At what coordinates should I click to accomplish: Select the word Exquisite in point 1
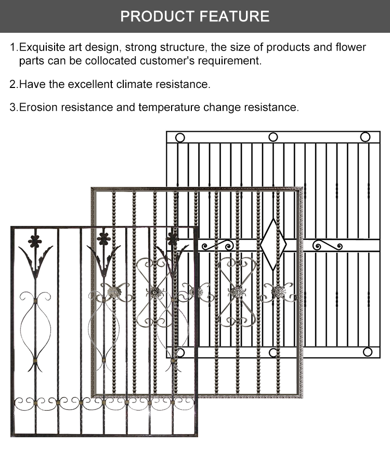pos(43,48)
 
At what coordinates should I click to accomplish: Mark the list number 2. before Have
pos(14,84)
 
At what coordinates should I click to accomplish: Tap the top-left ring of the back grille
pos(180,138)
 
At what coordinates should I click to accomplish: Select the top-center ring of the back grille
pos(273,137)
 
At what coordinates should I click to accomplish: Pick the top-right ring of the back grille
pos(365,137)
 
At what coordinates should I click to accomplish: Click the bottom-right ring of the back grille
pos(368,352)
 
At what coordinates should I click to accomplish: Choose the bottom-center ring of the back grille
pos(274,352)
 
